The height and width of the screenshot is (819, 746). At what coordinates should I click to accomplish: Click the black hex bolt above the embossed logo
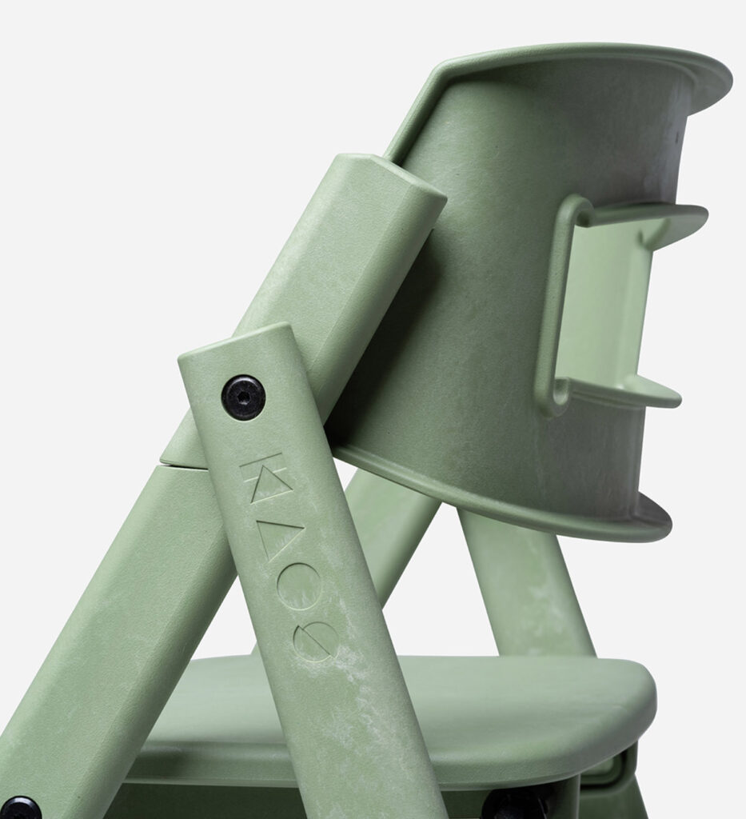point(243,397)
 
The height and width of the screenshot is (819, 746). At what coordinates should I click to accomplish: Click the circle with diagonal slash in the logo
point(314,641)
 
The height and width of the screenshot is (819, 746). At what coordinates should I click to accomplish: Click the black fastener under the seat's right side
point(512,804)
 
